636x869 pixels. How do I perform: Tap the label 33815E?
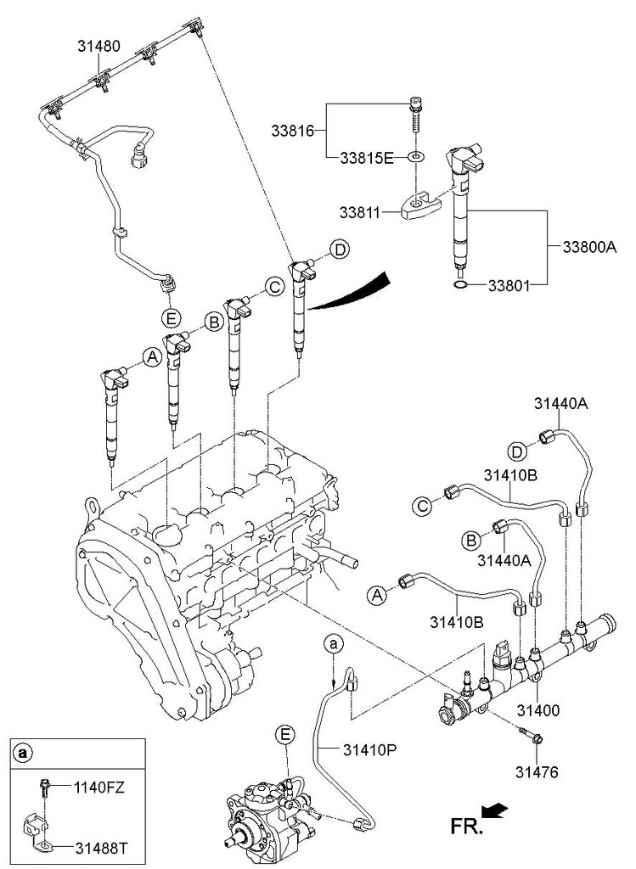tap(366, 158)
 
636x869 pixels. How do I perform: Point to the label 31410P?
tap(370, 749)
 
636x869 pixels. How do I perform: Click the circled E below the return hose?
tap(170, 318)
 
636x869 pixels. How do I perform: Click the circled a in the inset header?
tap(23, 753)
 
